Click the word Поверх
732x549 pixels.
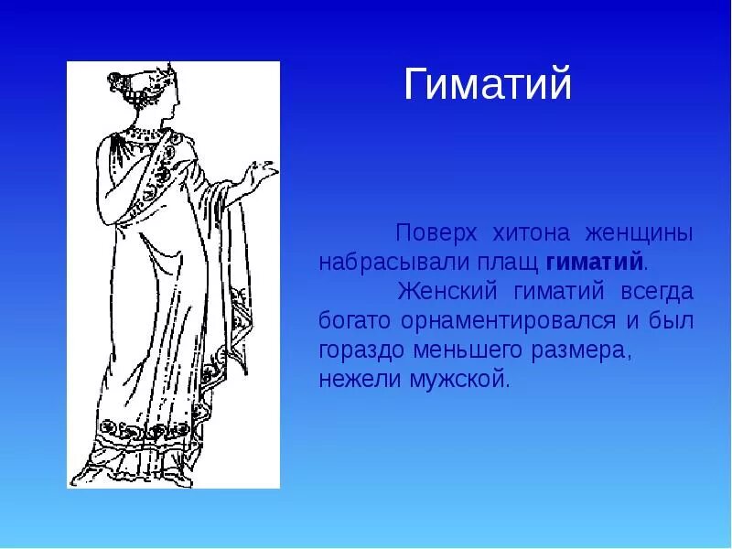[434, 233]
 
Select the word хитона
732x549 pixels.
[535, 233]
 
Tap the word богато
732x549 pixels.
[351, 321]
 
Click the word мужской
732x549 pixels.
[459, 380]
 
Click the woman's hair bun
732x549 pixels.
[118, 85]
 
